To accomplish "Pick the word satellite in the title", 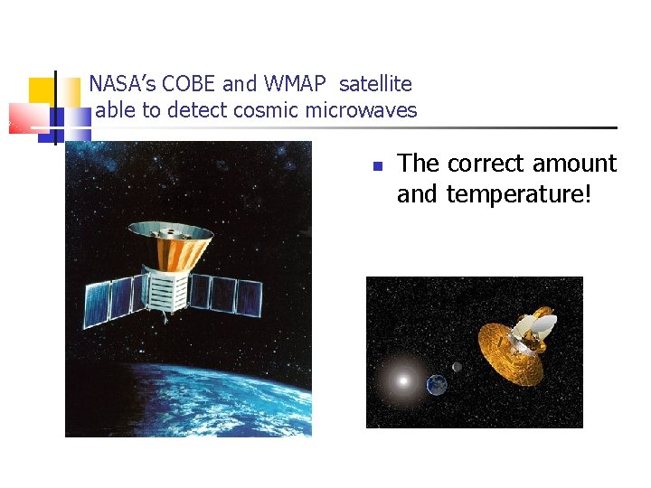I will pyautogui.click(x=375, y=84).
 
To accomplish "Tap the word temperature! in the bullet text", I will pyautogui.click(x=519, y=193).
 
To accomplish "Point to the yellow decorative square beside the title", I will pyautogui.click(x=41, y=90).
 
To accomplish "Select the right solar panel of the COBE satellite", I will pyautogui.click(x=227, y=294).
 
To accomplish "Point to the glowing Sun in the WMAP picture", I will pyautogui.click(x=402, y=380).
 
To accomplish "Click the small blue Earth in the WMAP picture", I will pyautogui.click(x=437, y=385).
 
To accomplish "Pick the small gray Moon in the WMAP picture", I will pyautogui.click(x=457, y=367).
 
